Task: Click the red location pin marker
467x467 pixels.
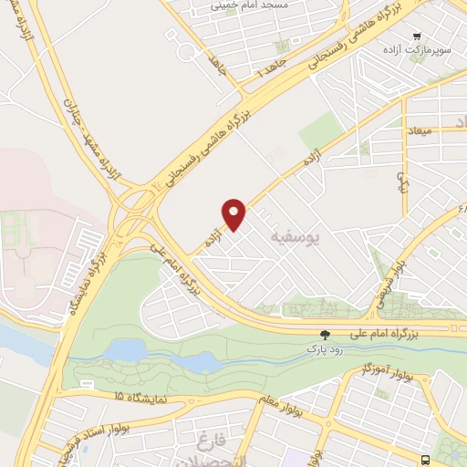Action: [235, 213]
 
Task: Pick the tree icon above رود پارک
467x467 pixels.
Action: [325, 335]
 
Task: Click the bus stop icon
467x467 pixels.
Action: [426, 458]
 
